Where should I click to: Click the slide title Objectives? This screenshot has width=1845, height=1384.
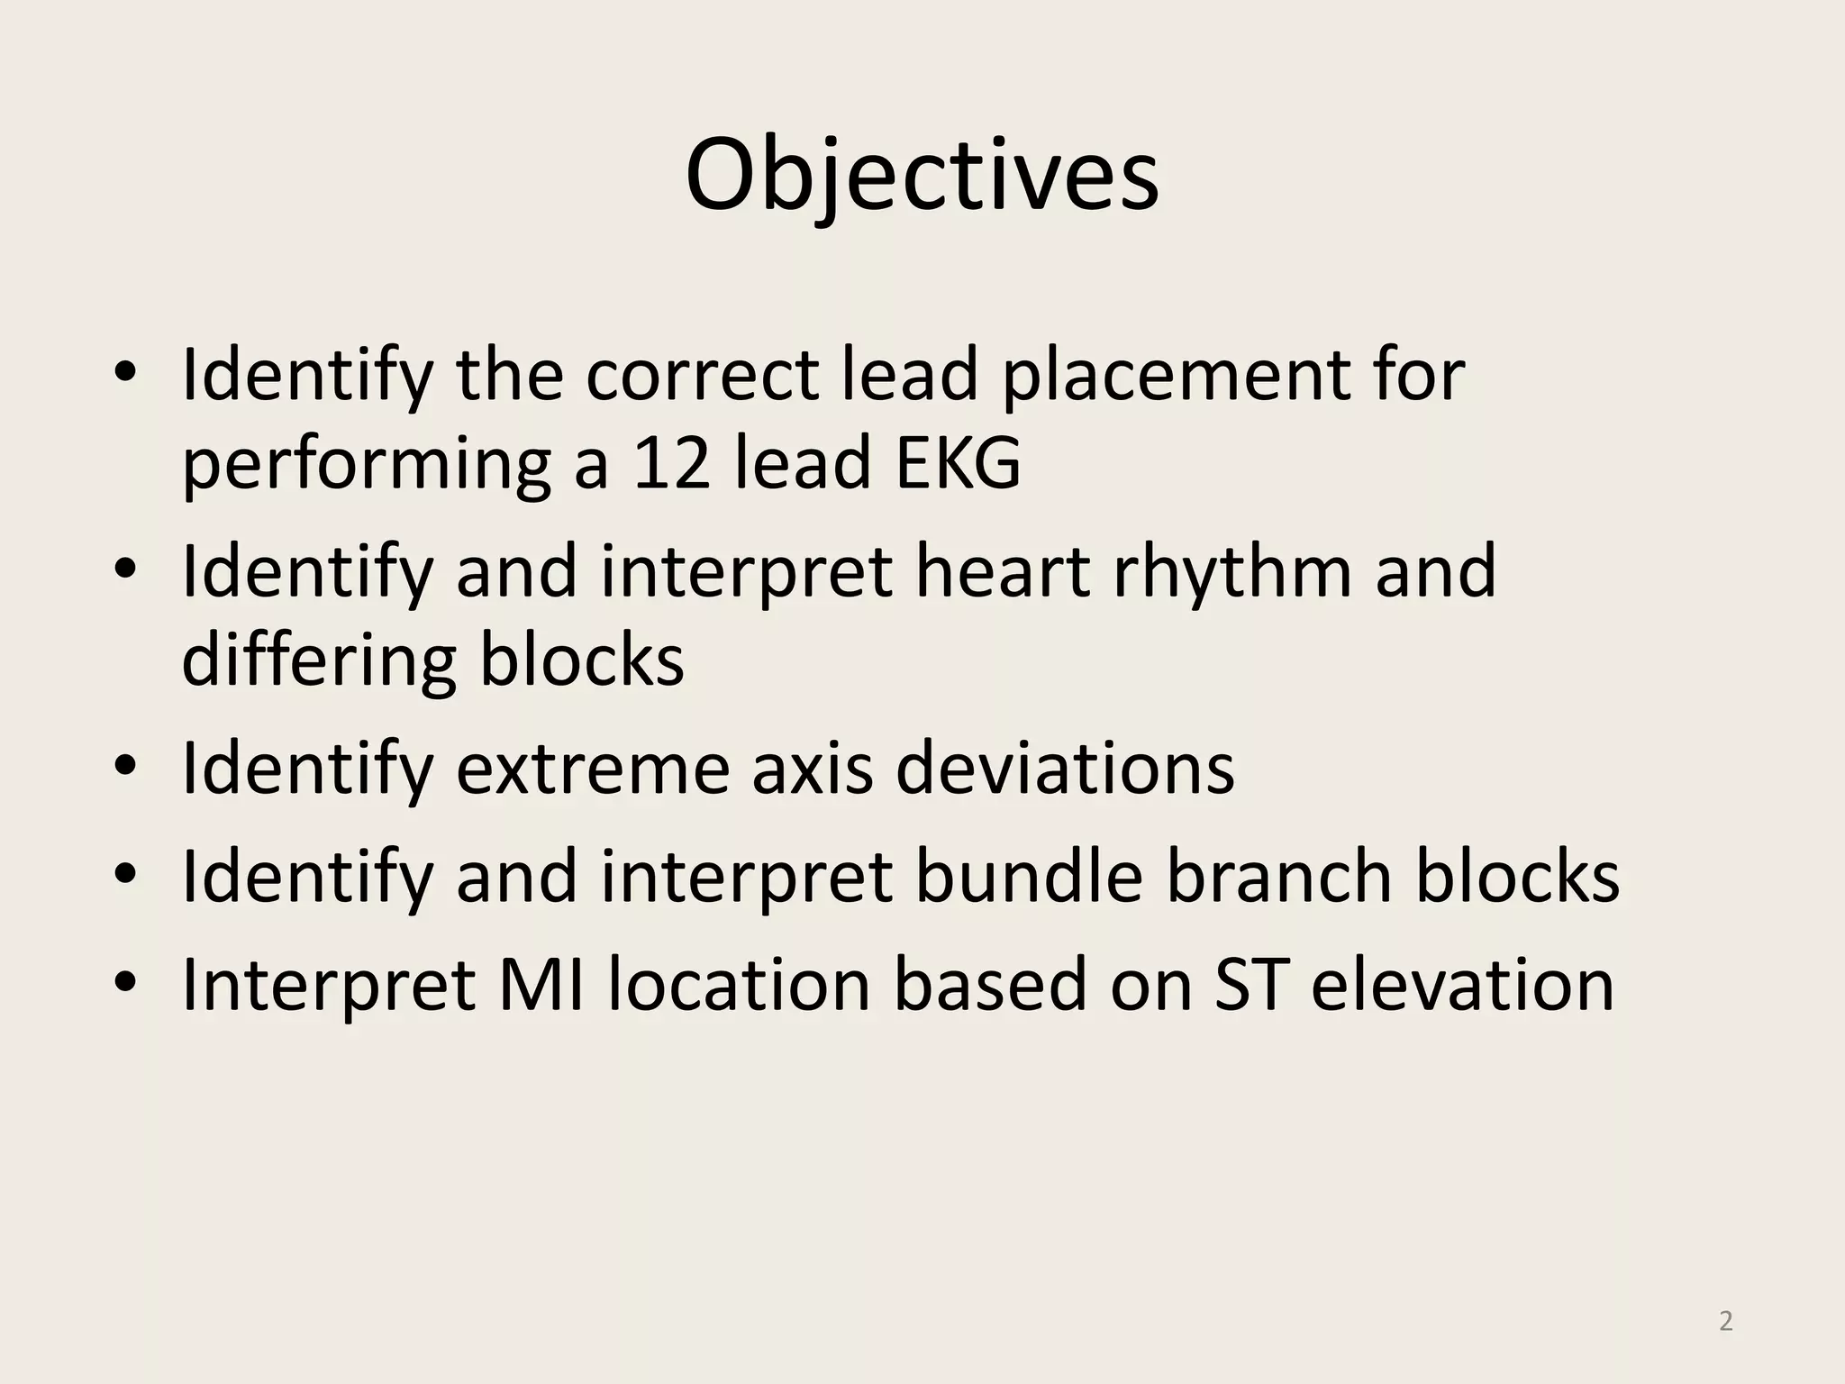point(922,176)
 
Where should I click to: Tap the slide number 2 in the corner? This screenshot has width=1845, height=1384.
point(1725,1321)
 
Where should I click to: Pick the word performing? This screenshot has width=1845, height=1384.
point(366,467)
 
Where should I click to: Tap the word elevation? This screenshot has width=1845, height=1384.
point(1461,985)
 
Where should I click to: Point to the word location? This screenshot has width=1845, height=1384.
point(739,985)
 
